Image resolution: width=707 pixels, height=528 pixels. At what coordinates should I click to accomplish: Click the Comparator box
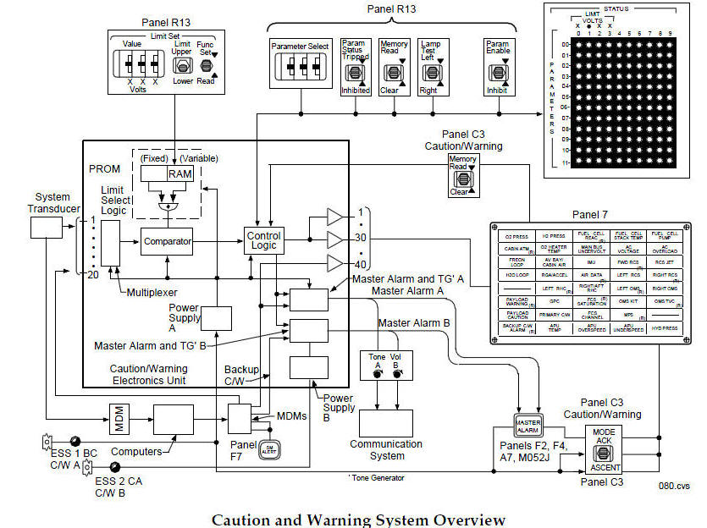click(167, 240)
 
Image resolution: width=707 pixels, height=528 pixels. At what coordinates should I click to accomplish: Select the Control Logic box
click(263, 240)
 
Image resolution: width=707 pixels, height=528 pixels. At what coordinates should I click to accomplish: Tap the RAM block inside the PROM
click(180, 173)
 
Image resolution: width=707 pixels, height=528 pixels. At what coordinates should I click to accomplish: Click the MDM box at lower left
click(116, 415)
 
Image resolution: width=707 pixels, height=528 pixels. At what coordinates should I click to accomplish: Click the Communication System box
click(385, 423)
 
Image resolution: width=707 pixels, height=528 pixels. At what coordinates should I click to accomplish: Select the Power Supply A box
click(216, 318)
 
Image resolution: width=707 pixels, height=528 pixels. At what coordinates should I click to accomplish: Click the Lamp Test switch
click(432, 74)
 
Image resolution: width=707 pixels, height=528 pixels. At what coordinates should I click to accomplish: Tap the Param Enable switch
click(498, 74)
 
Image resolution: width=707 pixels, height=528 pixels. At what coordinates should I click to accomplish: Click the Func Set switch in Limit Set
click(206, 64)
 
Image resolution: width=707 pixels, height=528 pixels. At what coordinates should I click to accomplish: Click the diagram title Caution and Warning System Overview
click(358, 520)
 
